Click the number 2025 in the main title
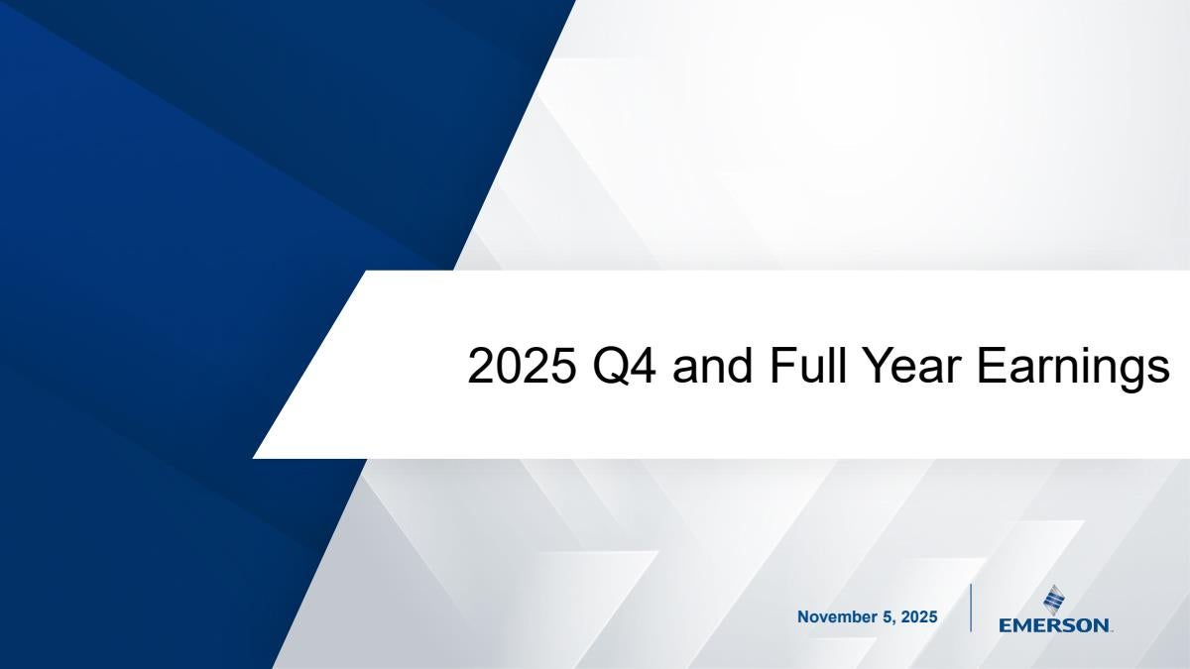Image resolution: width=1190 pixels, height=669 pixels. point(523,366)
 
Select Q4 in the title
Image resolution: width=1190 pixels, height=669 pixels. point(624,367)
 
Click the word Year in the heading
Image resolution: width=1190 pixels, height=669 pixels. point(911,366)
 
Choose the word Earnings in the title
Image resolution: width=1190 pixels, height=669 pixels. point(1073,369)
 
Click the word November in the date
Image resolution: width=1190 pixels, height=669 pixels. point(837,616)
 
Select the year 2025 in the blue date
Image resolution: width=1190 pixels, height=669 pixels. point(919,616)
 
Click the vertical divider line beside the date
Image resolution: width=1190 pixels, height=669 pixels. point(971,608)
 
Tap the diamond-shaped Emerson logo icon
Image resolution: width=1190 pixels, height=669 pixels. point(1054,600)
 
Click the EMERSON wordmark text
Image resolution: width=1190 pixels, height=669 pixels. point(1054,625)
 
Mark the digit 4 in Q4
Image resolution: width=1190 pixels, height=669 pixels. point(645,366)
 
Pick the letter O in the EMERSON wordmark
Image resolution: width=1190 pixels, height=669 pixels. point(1081,625)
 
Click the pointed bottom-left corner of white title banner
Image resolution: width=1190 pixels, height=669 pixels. point(254,458)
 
